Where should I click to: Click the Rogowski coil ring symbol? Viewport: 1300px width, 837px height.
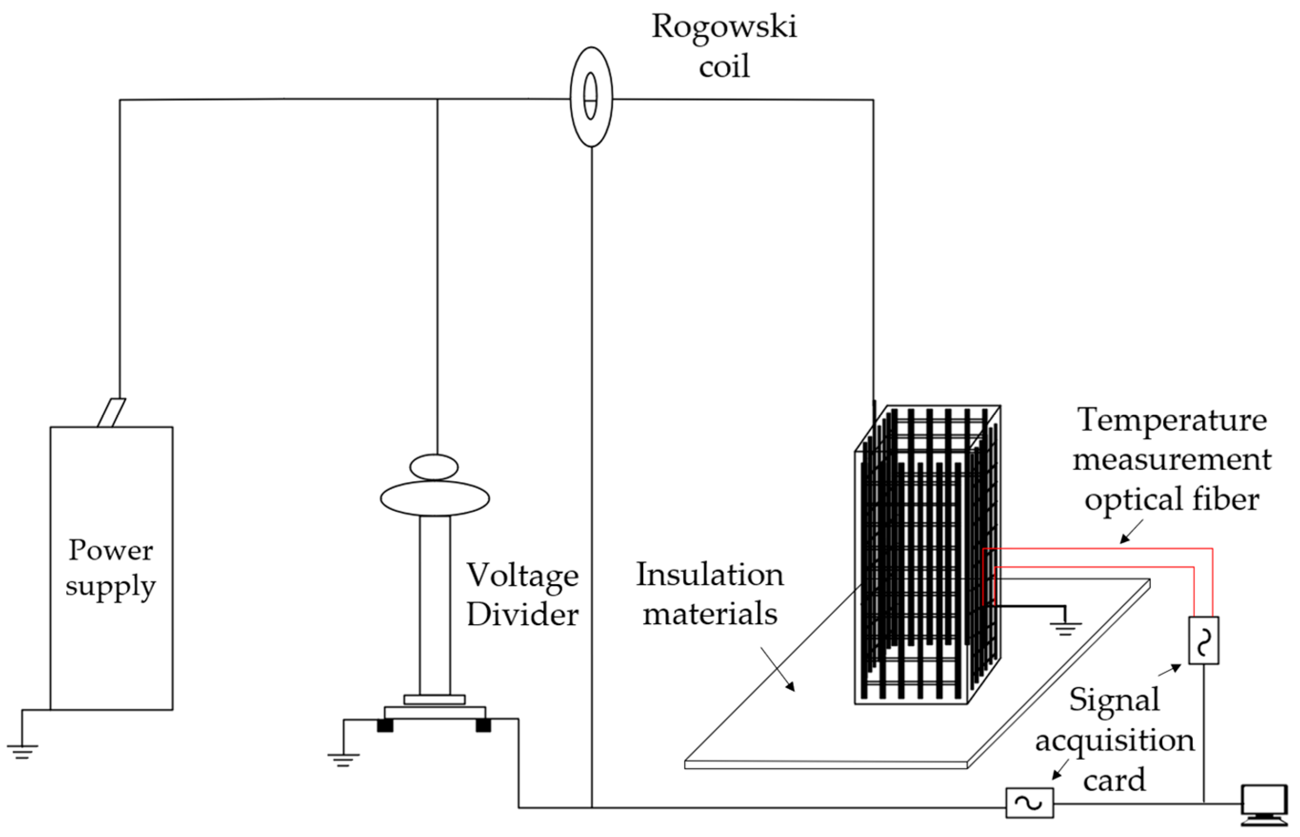(x=591, y=97)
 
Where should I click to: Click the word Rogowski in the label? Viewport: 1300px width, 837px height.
(x=724, y=26)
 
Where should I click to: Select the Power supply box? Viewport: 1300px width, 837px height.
(x=111, y=568)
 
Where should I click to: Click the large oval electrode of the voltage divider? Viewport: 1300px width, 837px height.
(x=435, y=498)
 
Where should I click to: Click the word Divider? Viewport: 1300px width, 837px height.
(x=523, y=615)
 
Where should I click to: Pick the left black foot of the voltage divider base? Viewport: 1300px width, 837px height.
(x=385, y=725)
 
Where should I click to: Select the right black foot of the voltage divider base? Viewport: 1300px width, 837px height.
(x=483, y=725)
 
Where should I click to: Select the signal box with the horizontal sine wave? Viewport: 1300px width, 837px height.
(x=1030, y=803)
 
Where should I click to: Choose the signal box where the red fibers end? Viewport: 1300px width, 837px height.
(x=1203, y=640)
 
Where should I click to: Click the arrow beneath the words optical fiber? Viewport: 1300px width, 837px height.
(x=1131, y=532)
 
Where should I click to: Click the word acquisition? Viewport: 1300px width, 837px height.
(x=1114, y=740)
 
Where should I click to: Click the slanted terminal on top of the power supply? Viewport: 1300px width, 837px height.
(x=111, y=412)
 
